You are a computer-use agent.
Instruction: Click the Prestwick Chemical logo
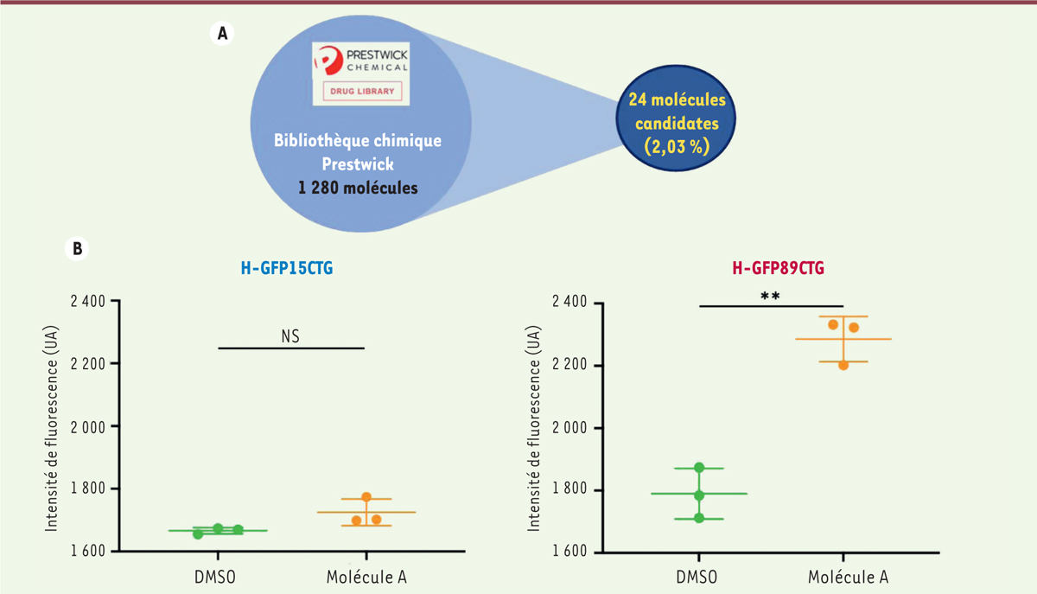pos(360,61)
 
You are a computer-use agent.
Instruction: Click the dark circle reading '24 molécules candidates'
pos(677,123)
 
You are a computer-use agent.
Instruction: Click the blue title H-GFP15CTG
pos(287,269)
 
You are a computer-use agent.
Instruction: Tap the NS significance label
pos(290,335)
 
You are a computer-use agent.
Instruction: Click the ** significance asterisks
pos(770,296)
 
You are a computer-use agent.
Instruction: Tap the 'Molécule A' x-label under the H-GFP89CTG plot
pos(843,577)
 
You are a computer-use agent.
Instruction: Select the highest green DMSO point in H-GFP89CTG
pos(699,468)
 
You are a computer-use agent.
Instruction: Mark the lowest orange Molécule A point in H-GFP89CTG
pos(843,365)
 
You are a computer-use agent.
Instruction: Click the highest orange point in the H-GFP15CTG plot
pos(366,497)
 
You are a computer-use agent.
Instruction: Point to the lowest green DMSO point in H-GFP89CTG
pos(699,518)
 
